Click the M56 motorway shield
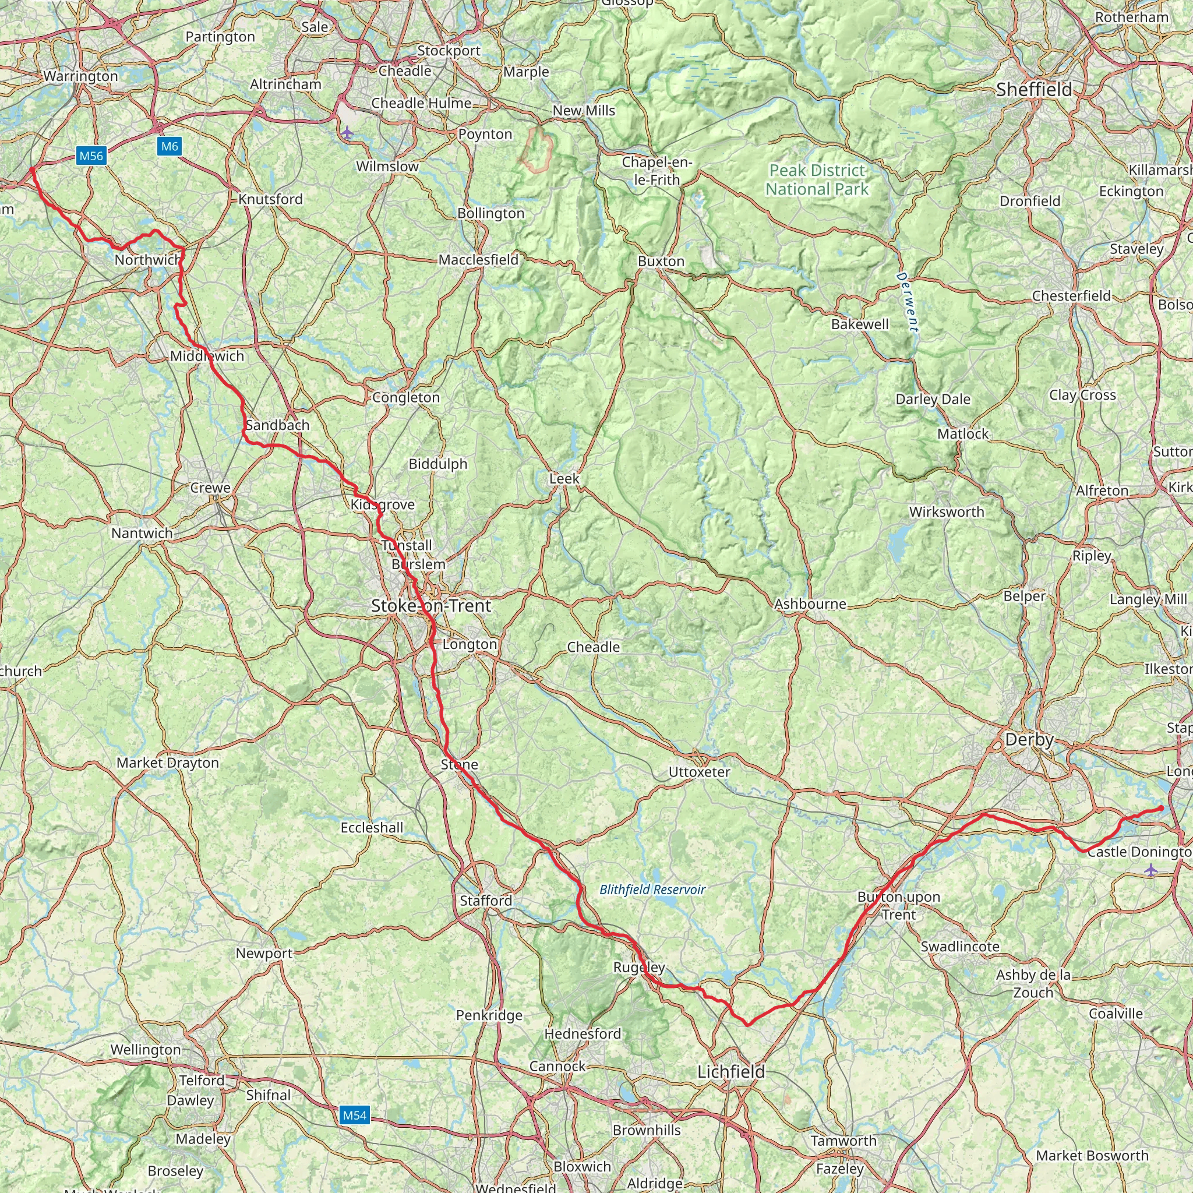pyautogui.click(x=91, y=156)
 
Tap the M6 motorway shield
pyautogui.click(x=169, y=146)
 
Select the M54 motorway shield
pyautogui.click(x=354, y=1114)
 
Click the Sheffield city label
pyautogui.click(x=1034, y=90)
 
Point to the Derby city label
pyautogui.click(x=1029, y=740)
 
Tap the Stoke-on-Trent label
pyautogui.click(x=431, y=606)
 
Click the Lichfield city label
pyautogui.click(x=731, y=1071)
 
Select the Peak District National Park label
pyautogui.click(x=817, y=179)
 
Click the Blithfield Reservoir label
pyautogui.click(x=652, y=889)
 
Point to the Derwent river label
pyautogui.click(x=907, y=302)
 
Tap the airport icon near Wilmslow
pyautogui.click(x=348, y=132)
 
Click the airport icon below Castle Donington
pyautogui.click(x=1151, y=871)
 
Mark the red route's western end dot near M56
pyautogui.click(x=32, y=168)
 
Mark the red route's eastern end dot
pyautogui.click(x=1162, y=809)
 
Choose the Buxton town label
pyautogui.click(x=661, y=261)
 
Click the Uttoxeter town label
pyautogui.click(x=699, y=772)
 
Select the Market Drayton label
pyautogui.click(x=167, y=763)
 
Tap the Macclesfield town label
pyautogui.click(x=479, y=260)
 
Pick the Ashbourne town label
pyautogui.click(x=810, y=604)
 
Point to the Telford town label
pyautogui.click(x=202, y=1080)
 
